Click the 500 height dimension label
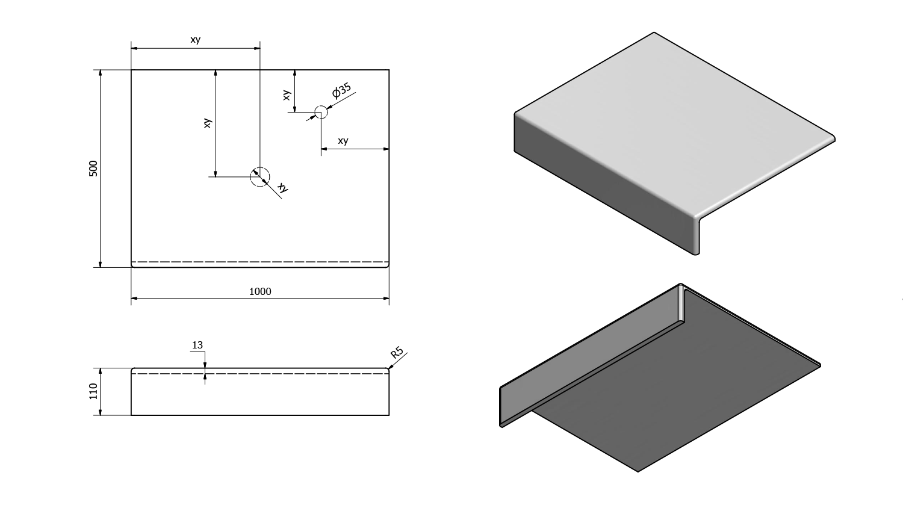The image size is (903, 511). [x=93, y=169]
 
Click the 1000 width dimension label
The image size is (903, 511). [x=260, y=291]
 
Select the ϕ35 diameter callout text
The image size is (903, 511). [x=341, y=91]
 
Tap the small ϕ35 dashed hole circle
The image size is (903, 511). [x=321, y=111]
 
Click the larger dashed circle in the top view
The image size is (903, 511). [x=260, y=176]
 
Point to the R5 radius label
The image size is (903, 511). [x=397, y=353]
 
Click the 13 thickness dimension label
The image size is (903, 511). [x=197, y=345]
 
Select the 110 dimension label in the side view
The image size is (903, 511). [x=93, y=391]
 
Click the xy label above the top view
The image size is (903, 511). [x=195, y=40]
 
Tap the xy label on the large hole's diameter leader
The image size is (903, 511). [x=283, y=188]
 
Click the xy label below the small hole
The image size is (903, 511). [x=343, y=141]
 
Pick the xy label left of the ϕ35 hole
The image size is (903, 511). [x=287, y=94]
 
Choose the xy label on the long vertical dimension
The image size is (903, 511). [x=208, y=123]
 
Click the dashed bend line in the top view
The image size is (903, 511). [x=260, y=262]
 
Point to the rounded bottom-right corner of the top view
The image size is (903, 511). [x=388, y=265]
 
